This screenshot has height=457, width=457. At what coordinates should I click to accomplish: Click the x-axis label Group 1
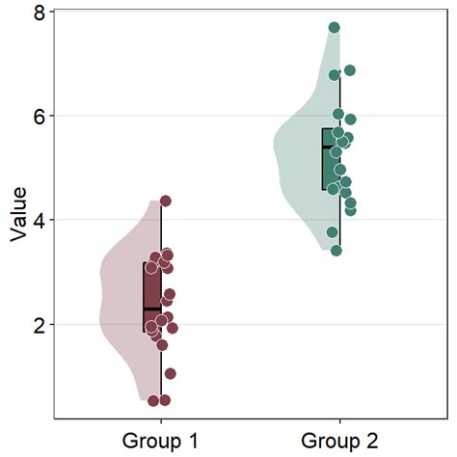pos(160,442)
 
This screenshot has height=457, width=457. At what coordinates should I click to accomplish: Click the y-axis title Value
pos(17,214)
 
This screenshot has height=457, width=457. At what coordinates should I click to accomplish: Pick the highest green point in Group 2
pos(335,28)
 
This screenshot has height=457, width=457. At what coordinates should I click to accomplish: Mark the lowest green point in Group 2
pos(336,251)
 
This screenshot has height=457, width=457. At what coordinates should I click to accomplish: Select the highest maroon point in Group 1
pos(165,201)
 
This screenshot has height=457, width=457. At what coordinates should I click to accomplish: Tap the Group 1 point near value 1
pos(170,374)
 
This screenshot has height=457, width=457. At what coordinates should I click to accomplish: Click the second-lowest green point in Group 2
pos(332,232)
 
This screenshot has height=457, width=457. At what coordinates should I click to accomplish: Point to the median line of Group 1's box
pos(152,309)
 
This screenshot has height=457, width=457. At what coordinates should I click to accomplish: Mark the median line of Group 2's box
pos(331,147)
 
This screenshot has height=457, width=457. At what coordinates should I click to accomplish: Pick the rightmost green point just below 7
pos(350,70)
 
